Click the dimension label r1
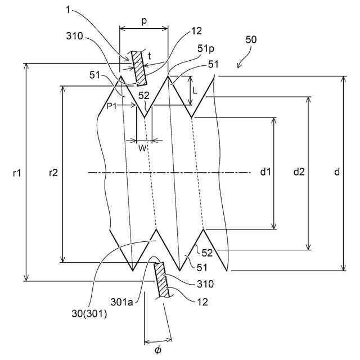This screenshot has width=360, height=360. pyautogui.click(x=16, y=174)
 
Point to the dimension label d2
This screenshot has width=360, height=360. pyautogui.click(x=299, y=173)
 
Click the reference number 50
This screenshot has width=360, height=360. pyautogui.click(x=251, y=40)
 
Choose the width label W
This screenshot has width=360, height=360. pyautogui.click(x=143, y=147)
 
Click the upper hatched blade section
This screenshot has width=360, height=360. pyautogui.click(x=137, y=67)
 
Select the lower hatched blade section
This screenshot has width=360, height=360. pyautogui.click(x=162, y=280)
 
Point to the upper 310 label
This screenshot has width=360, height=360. pyautogui.click(x=73, y=37)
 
